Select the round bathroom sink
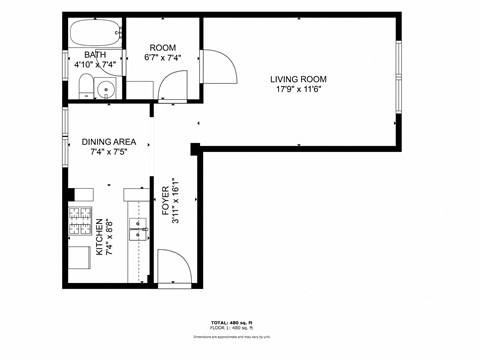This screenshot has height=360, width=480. [107, 90]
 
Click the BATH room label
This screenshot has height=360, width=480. [95, 55]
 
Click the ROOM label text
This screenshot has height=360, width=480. [162, 47]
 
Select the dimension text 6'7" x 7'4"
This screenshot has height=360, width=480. [162, 58]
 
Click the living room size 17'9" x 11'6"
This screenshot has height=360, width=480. [298, 89]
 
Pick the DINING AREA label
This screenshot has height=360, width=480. [108, 142]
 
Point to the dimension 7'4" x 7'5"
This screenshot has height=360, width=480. [108, 153]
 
